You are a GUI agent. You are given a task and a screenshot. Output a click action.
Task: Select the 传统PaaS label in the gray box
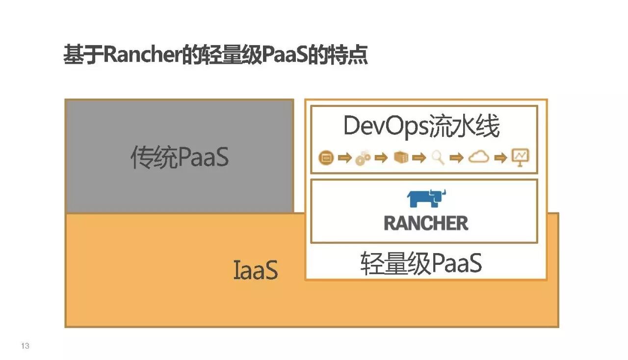click(x=180, y=157)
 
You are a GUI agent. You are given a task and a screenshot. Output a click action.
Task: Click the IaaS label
click(x=255, y=270)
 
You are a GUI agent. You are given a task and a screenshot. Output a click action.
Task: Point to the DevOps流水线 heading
click(x=421, y=127)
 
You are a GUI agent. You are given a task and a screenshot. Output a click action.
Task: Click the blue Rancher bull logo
click(x=426, y=199)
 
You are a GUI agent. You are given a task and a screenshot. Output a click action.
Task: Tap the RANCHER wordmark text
click(x=426, y=223)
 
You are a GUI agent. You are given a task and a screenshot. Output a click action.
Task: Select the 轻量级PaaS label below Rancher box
click(x=421, y=263)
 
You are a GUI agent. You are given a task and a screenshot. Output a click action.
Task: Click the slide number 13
click(x=25, y=346)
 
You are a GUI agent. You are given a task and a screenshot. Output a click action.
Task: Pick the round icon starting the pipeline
click(x=326, y=158)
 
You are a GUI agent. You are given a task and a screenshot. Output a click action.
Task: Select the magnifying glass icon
click(x=438, y=157)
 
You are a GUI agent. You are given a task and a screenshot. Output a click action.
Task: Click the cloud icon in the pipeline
click(x=478, y=157)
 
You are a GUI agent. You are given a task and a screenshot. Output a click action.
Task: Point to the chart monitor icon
click(x=520, y=157)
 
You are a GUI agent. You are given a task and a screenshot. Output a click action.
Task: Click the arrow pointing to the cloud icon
click(x=457, y=158)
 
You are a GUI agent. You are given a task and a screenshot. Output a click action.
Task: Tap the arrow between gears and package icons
click(x=381, y=158)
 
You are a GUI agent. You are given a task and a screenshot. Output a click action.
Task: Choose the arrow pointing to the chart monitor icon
click(x=500, y=158)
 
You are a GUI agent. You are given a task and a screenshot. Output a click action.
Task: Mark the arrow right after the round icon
click(x=345, y=158)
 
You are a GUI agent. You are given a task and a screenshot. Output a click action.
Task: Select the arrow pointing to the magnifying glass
click(x=419, y=158)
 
